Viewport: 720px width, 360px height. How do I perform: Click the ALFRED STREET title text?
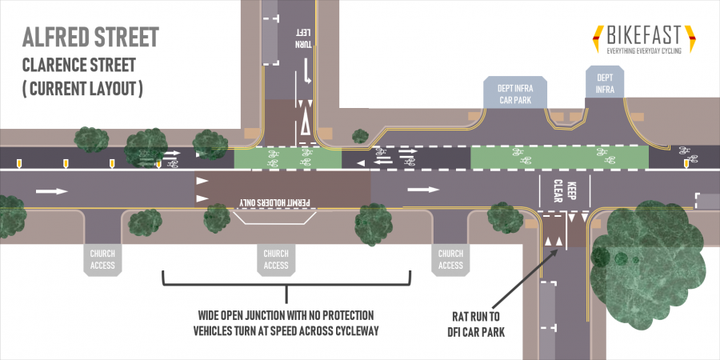pyautogui.click(x=90, y=37)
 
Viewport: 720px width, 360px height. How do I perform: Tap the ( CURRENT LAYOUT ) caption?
pyautogui.click(x=82, y=88)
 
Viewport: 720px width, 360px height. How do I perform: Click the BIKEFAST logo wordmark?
pyautogui.click(x=643, y=35)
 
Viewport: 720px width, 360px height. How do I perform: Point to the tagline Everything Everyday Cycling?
pyautogui.click(x=643, y=51)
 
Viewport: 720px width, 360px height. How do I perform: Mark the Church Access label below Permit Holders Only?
pyautogui.click(x=275, y=259)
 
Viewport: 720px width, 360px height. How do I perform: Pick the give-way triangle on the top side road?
pyautogui.click(x=305, y=125)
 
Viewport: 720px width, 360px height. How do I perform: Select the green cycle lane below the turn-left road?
pyautogui.click(x=287, y=158)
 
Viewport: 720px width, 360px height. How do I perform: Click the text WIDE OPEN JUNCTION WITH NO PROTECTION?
pyautogui.click(x=286, y=314)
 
